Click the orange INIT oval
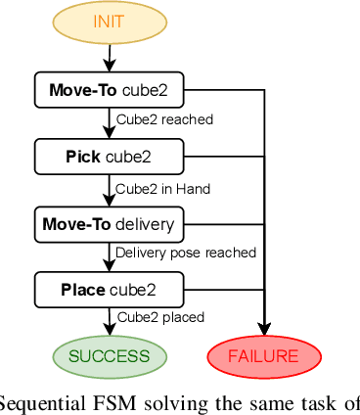coord(109,22)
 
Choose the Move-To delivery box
coord(109,224)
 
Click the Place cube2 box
coord(109,290)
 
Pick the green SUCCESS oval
coord(109,356)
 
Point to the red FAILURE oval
coord(263,356)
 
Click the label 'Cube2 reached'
coord(164,120)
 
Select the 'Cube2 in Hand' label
coord(163,188)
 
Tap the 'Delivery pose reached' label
coord(186,254)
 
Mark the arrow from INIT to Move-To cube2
coord(109,55)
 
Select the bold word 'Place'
coord(82,290)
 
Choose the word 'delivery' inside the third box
coord(145,224)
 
